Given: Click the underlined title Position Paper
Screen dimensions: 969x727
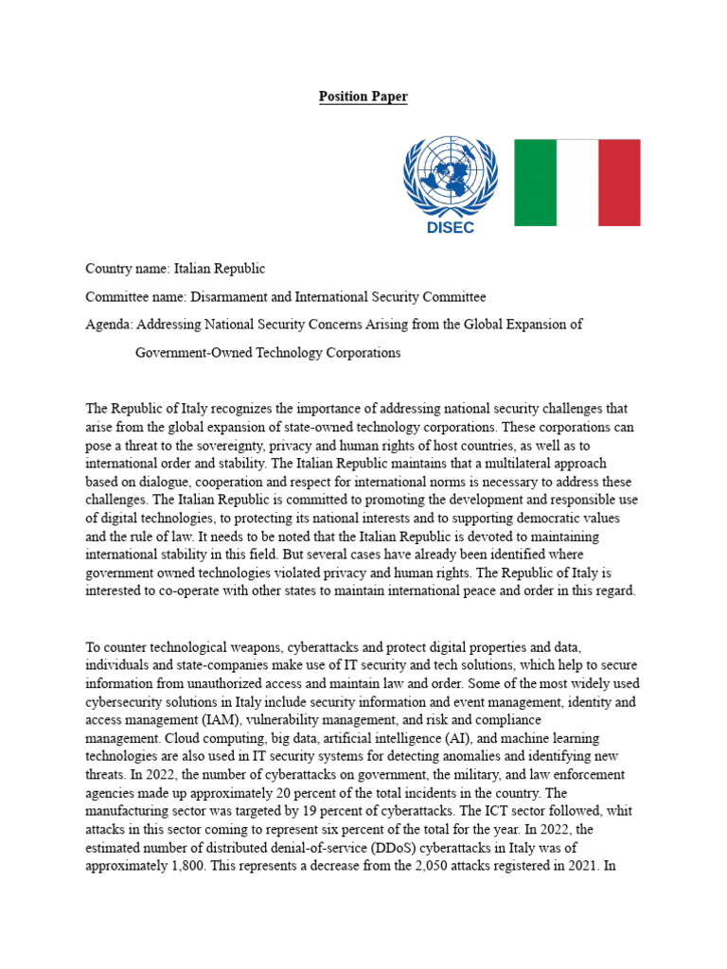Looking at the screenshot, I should tap(363, 97).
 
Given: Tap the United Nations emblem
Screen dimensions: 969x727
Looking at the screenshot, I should tap(451, 177).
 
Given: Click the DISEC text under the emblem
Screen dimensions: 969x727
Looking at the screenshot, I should tap(451, 227).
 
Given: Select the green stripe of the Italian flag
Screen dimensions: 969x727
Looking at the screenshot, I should tap(535, 183).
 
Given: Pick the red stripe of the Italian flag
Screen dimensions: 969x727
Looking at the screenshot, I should tap(619, 183).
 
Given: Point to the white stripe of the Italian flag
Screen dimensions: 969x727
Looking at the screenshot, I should tap(577, 183).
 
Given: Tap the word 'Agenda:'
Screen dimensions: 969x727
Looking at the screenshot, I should tap(110, 325).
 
